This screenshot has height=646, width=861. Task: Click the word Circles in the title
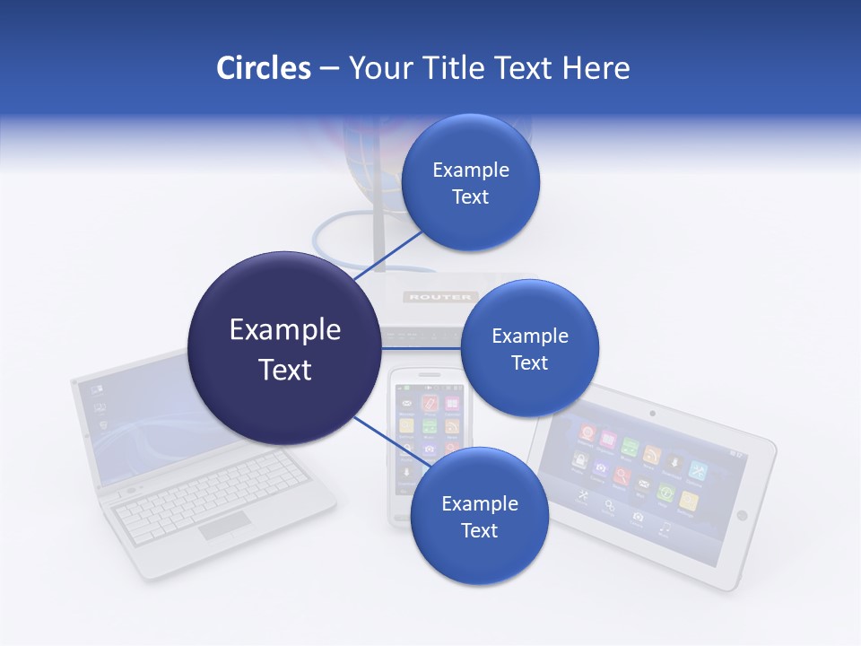coord(263,68)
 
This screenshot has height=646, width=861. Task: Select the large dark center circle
coord(284,348)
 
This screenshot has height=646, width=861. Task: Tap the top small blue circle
coord(470,182)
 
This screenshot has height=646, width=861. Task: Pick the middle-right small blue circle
coord(529,348)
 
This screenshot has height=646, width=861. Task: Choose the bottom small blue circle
coord(479,516)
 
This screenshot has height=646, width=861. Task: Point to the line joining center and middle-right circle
coord(420,348)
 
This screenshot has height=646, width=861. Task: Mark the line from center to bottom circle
coord(384,440)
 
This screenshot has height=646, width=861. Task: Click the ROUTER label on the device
coord(439,296)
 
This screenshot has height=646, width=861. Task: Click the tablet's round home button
coord(741,515)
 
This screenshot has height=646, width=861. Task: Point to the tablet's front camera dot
coord(651,414)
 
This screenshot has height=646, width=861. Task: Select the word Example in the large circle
coord(284,329)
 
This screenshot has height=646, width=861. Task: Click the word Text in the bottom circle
coord(479,530)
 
